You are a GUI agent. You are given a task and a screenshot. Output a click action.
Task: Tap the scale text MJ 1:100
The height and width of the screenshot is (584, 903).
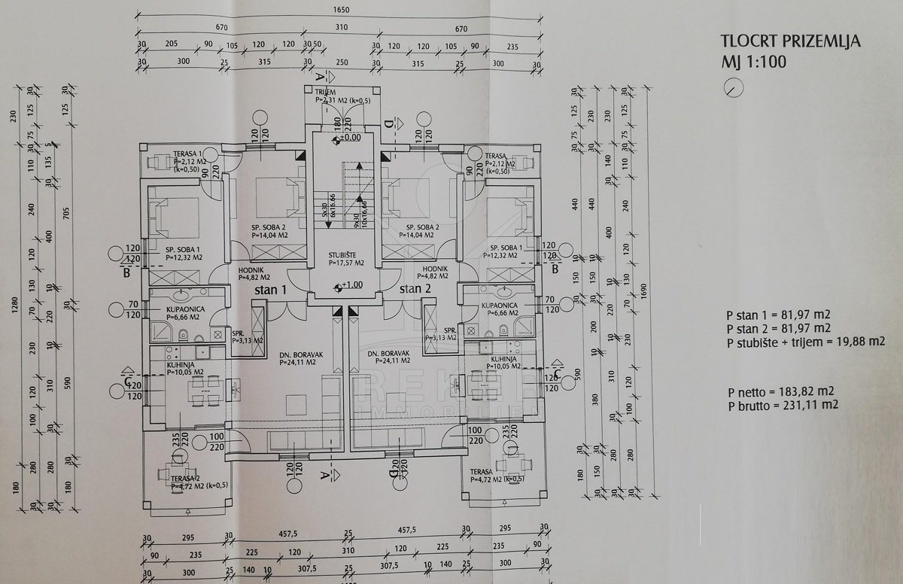753,62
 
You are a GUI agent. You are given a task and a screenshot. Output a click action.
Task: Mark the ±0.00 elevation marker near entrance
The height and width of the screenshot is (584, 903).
348,138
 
